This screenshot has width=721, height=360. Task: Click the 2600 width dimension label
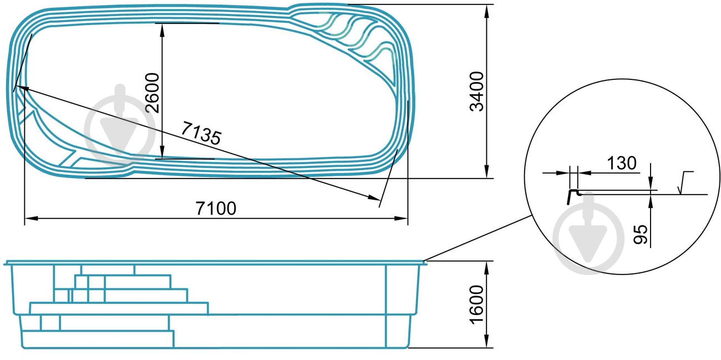coord(153,93)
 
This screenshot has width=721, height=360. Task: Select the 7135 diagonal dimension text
coord(201,133)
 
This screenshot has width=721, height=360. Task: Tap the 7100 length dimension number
coord(216,209)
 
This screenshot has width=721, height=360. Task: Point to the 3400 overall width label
coord(477,92)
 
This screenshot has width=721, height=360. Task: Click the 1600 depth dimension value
coord(477,305)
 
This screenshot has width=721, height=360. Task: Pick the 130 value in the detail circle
coord(622,163)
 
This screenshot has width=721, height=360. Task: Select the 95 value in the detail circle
coord(640,235)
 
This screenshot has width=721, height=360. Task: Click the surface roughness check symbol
coord(685,183)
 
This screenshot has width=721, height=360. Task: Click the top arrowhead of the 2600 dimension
coord(162,29)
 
